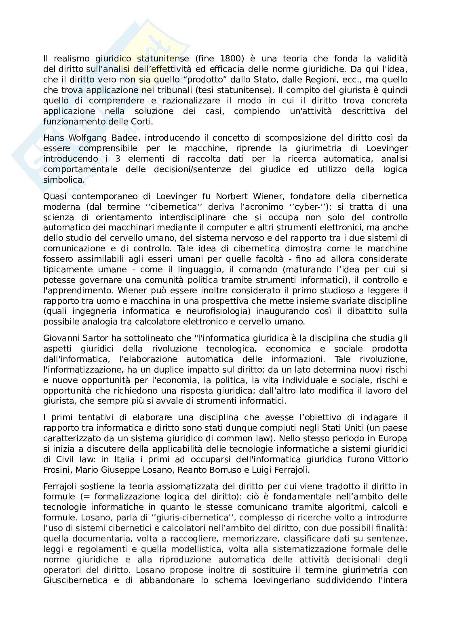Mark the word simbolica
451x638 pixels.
(64, 180)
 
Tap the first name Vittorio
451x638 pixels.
(392, 459)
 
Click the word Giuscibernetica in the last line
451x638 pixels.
(75, 581)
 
